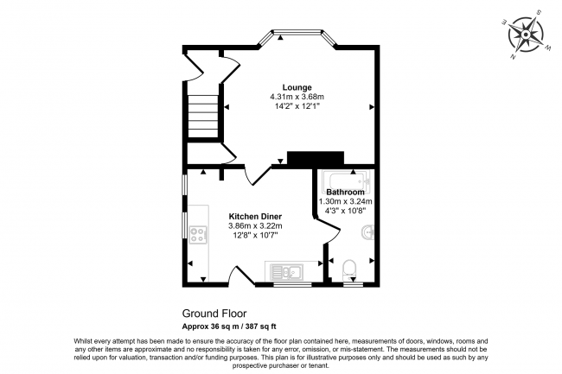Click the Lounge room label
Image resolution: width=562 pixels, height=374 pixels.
297,87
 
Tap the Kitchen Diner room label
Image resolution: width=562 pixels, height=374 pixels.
255,217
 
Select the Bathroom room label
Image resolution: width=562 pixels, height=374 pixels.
345,193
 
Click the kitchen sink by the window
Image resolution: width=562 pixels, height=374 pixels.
287,271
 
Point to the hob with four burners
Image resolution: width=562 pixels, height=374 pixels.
198,235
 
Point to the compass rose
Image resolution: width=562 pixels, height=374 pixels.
526,35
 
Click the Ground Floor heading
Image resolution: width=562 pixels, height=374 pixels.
214,314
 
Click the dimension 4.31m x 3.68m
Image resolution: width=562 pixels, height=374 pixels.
297,97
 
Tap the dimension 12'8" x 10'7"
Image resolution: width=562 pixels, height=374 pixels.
255,235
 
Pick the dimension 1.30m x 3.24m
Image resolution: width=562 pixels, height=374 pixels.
346,201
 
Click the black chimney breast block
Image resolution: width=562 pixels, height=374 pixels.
316,159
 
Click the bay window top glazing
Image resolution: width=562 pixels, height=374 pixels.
297,32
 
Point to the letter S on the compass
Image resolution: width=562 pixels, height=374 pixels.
539,12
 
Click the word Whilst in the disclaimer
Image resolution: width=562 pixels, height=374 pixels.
83,341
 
